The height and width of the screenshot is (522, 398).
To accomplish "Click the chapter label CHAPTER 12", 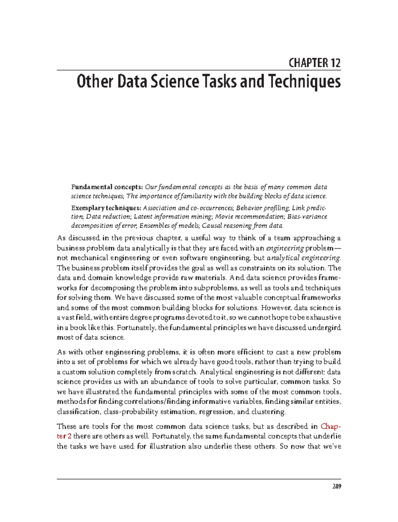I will tap(314, 63).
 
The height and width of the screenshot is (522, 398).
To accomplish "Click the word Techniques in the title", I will tap(304, 82).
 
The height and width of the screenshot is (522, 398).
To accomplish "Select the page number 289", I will tap(337, 487).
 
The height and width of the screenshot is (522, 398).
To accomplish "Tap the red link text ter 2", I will tap(64, 436).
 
